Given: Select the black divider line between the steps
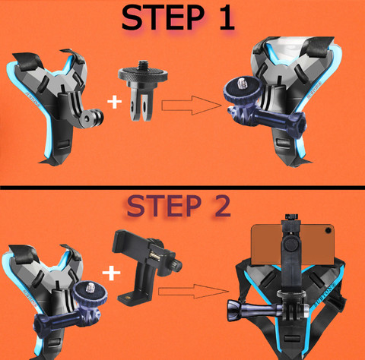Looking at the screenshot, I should point(182,188).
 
